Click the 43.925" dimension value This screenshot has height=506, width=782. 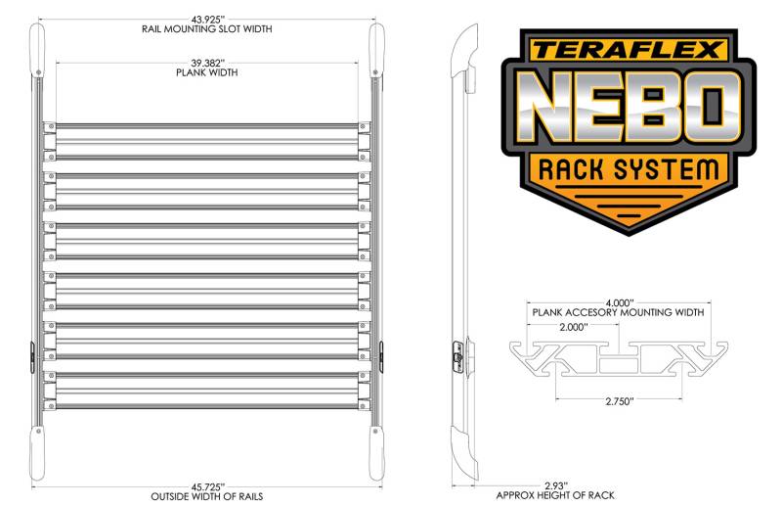(x=206, y=20)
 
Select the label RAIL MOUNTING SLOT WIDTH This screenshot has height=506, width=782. (x=207, y=29)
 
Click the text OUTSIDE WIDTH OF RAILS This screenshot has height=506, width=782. (x=207, y=496)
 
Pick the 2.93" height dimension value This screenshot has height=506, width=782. (x=556, y=485)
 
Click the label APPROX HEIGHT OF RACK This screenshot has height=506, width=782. (x=555, y=495)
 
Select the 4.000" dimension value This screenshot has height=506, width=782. (x=620, y=302)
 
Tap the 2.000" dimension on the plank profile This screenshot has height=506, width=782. (x=574, y=327)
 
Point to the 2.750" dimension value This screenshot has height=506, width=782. (x=620, y=401)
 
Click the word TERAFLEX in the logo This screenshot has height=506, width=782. (x=628, y=50)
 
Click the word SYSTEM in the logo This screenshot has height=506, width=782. (x=667, y=169)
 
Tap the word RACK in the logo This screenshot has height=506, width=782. (x=570, y=169)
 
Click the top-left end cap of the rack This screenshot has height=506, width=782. (x=37, y=50)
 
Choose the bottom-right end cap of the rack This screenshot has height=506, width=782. (x=376, y=453)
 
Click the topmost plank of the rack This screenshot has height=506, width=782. (x=207, y=142)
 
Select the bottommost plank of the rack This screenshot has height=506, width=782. (x=207, y=391)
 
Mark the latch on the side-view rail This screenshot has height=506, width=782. (x=457, y=356)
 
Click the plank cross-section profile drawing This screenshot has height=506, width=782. (x=619, y=358)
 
